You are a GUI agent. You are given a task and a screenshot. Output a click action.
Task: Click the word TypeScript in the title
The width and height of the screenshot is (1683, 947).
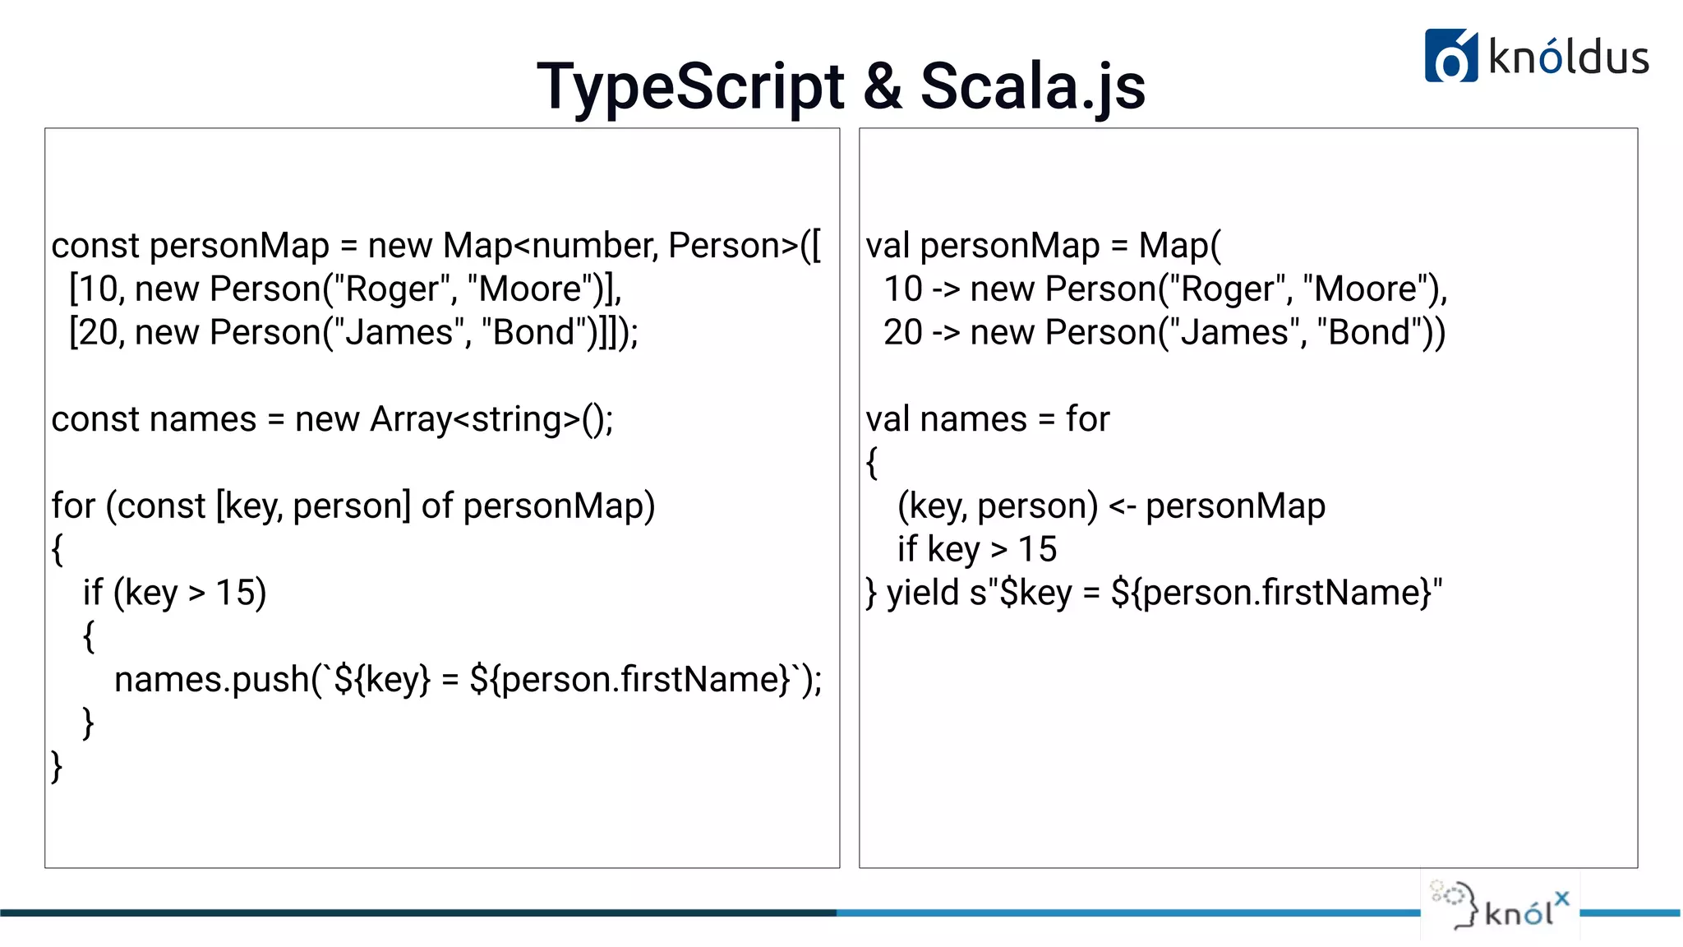pyautogui.click(x=690, y=87)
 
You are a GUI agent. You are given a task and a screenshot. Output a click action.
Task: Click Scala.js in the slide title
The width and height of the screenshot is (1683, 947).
pyautogui.click(x=1032, y=87)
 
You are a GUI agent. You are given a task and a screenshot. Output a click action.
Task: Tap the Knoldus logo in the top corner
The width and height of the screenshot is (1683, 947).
pyautogui.click(x=1536, y=56)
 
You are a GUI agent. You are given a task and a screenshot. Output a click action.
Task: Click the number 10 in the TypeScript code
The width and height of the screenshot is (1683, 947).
pyautogui.click(x=98, y=289)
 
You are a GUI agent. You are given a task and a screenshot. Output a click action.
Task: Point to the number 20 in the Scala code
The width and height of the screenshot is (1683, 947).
pyautogui.click(x=902, y=333)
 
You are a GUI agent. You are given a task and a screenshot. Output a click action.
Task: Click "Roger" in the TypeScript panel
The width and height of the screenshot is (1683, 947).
pyautogui.click(x=393, y=289)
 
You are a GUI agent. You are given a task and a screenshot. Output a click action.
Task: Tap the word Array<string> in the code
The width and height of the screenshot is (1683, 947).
pyautogui.click(x=475, y=420)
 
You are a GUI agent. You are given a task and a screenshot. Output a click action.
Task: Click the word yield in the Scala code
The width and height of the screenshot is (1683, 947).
pyautogui.click(x=922, y=593)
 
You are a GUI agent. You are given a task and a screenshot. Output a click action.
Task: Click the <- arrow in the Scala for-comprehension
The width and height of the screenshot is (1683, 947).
pyautogui.click(x=1122, y=506)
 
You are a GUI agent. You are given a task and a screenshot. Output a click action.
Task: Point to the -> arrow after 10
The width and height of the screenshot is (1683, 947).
pyautogui.click(x=946, y=289)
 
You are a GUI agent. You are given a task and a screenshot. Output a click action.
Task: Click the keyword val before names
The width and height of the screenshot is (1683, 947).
pyautogui.click(x=889, y=420)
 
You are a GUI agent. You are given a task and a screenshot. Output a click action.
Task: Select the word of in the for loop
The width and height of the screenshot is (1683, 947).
pyautogui.click(x=436, y=506)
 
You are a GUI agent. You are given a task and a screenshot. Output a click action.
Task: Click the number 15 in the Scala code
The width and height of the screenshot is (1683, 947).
pyautogui.click(x=1037, y=549)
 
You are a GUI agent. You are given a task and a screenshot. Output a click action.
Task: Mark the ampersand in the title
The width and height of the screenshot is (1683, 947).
pyautogui.click(x=882, y=87)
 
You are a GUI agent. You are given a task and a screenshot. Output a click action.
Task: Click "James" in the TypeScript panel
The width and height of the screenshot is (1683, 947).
pyautogui.click(x=399, y=333)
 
